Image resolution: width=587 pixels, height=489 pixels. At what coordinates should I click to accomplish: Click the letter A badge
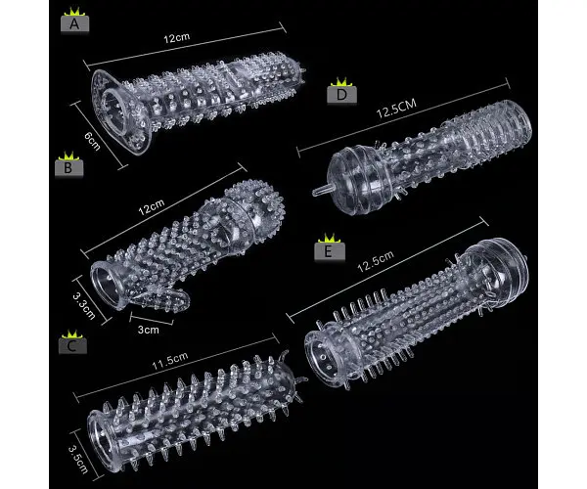[74, 23]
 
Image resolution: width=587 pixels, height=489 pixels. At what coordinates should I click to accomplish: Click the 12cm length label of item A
[177, 38]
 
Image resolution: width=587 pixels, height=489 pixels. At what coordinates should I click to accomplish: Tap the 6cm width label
[92, 141]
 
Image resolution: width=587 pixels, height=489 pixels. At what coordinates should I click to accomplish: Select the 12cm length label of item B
[152, 207]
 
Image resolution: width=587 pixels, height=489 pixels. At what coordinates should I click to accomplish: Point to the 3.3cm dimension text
[84, 306]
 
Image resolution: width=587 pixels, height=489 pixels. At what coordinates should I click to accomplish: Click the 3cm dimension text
[149, 330]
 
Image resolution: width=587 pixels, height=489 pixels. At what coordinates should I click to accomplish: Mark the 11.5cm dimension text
[170, 360]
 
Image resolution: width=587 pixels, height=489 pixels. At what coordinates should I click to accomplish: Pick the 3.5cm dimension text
[78, 459]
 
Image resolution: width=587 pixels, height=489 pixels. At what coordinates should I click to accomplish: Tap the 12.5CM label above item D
[396, 109]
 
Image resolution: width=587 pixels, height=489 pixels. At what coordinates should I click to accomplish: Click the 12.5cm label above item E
[376, 261]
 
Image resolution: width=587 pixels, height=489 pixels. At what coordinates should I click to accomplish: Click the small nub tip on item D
[320, 191]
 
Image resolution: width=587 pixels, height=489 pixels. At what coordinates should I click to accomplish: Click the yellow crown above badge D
[341, 82]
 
